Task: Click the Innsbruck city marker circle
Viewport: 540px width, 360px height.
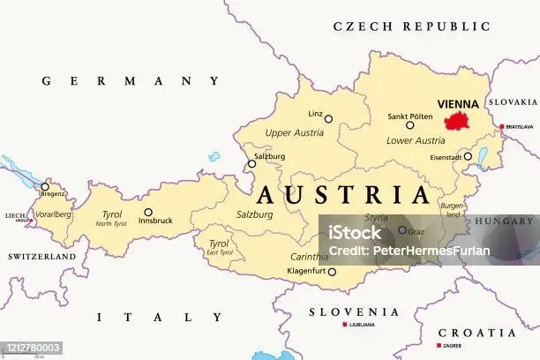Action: click(x=148, y=212)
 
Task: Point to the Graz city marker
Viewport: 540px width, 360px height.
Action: click(x=402, y=230)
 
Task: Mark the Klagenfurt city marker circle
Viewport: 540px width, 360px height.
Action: click(x=332, y=272)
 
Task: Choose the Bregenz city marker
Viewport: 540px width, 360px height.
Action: click(x=45, y=186)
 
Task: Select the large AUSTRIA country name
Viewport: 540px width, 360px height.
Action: click(x=343, y=194)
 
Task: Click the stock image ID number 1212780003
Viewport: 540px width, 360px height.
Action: click(x=32, y=349)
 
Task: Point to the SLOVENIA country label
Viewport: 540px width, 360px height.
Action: click(x=353, y=311)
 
